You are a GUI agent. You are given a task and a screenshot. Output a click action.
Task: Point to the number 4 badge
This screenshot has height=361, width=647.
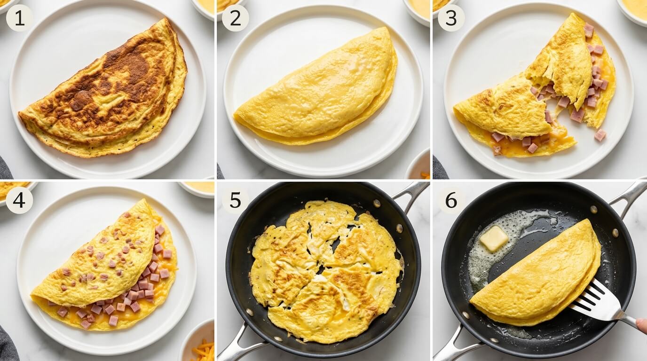[19, 200]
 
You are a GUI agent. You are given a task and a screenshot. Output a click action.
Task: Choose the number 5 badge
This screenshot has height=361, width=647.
[235, 200]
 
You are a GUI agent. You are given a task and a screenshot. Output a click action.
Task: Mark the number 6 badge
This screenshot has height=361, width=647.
[451, 200]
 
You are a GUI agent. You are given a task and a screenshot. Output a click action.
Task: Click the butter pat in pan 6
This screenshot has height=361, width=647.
[493, 238]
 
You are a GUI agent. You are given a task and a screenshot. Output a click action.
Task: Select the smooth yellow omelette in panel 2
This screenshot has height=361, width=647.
[317, 89]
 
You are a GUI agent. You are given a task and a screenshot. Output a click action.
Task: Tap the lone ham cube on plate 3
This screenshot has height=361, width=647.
[600, 135]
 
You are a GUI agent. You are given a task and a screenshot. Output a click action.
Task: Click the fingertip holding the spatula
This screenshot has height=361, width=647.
[642, 325]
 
